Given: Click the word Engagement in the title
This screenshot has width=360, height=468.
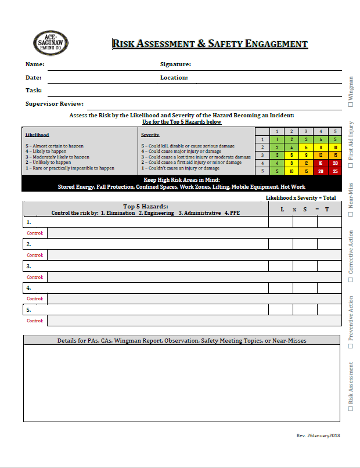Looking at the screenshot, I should coord(276,44).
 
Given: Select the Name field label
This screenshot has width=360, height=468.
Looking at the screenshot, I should coord(35,64).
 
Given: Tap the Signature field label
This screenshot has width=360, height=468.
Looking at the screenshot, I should coord(175,64).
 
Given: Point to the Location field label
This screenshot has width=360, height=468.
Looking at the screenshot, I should coord(174,77).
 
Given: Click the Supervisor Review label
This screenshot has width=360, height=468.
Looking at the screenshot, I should coord(54,103).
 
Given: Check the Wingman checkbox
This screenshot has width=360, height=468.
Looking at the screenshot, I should coord(351,105).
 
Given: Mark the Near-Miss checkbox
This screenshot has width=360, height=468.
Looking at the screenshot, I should coord(351,214).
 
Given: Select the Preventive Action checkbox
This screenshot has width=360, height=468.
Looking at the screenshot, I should coord(351,346).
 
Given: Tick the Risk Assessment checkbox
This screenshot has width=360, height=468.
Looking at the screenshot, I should coord(351,408).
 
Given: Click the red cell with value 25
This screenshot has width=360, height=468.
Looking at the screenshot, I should coord(336,171).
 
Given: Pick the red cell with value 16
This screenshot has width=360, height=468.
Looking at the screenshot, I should coord(321,163).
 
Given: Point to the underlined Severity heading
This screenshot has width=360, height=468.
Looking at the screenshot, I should coord(150,134).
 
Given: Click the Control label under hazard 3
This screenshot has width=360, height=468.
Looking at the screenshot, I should coord(35,277).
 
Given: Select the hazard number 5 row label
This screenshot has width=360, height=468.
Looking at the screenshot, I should coord(28,309).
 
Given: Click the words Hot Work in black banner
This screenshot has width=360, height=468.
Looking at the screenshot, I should coord(293,187).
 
